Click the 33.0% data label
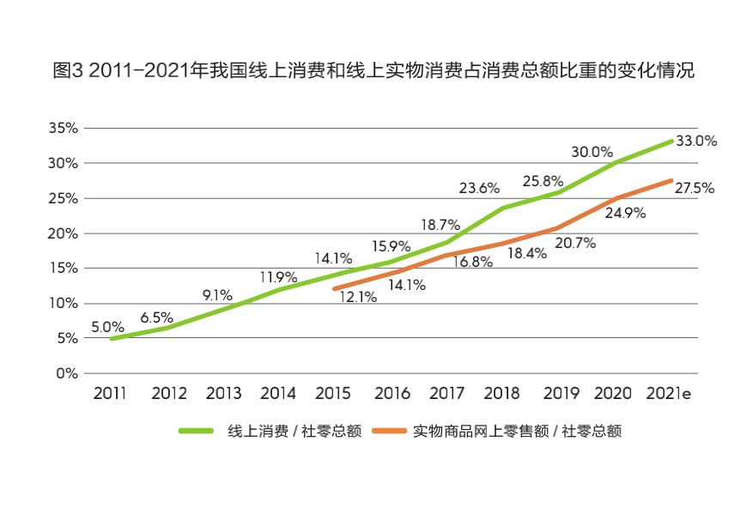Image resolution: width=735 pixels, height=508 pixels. click(x=696, y=142)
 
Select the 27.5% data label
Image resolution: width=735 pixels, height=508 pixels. click(x=694, y=188)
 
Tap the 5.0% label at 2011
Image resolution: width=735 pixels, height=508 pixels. click(x=108, y=327)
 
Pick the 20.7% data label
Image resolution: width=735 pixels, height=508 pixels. click(x=575, y=244)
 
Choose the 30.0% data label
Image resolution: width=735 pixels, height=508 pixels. click(x=592, y=152)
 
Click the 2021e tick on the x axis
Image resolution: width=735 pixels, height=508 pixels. click(x=669, y=394)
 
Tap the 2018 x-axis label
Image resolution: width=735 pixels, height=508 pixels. click(x=501, y=394)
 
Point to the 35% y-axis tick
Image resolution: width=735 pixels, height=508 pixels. click(x=63, y=128)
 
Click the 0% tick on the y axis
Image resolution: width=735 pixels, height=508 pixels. click(x=67, y=373)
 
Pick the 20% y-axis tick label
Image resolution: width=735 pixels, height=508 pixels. click(x=63, y=233)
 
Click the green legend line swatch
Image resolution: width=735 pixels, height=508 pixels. click(x=197, y=431)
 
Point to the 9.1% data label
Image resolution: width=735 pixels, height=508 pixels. click(x=217, y=295)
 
